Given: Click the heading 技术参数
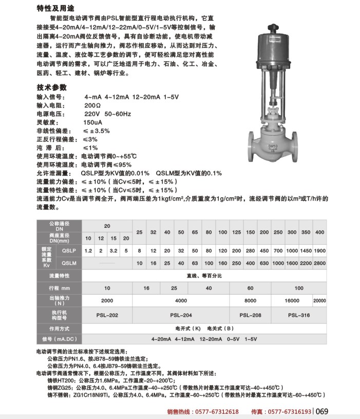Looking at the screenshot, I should click(x=52, y=87).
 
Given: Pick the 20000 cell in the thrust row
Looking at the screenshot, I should click(x=319, y=300).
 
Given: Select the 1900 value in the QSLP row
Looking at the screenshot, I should click(x=319, y=250).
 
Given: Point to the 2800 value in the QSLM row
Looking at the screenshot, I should click(x=319, y=263).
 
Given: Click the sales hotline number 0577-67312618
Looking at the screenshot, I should click(x=217, y=412).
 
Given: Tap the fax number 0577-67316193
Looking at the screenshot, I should click(x=290, y=412).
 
